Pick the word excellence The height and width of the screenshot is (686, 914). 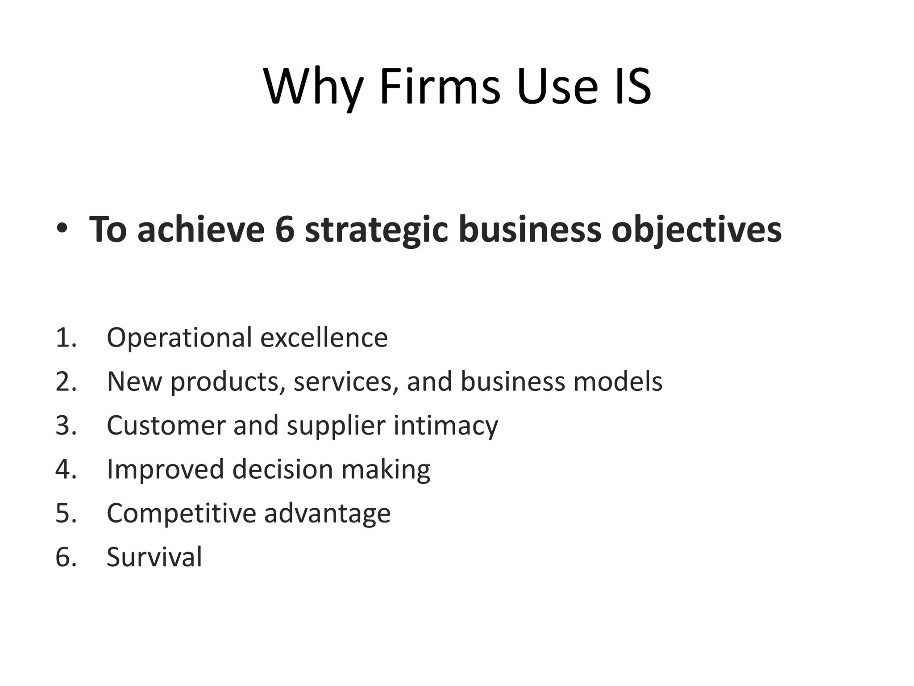(x=324, y=338)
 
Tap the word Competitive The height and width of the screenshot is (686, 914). (x=181, y=513)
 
